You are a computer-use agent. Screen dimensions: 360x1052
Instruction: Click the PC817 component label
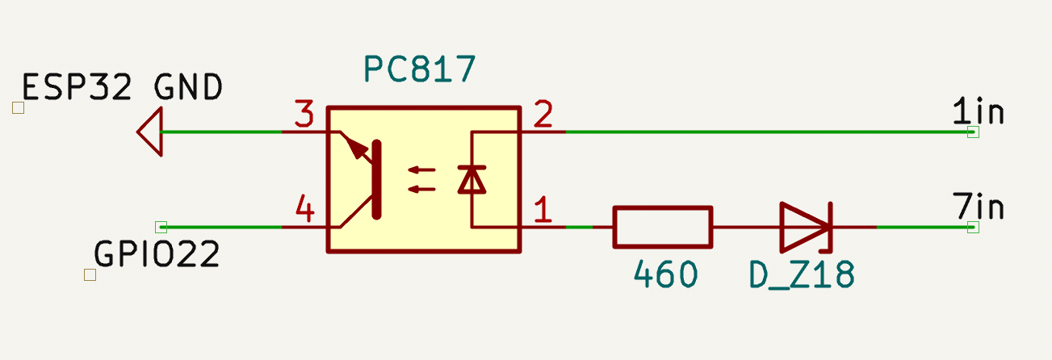pos(418,71)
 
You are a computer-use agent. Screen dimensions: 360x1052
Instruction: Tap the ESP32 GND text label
pos(122,87)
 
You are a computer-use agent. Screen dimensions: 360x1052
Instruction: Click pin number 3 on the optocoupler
pos(304,116)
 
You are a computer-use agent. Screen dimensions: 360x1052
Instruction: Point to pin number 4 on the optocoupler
pos(304,211)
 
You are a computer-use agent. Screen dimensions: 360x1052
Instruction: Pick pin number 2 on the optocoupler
pos(543,116)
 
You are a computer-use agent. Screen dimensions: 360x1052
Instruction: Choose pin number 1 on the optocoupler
pos(543,211)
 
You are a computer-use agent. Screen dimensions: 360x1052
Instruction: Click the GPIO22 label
pos(157,256)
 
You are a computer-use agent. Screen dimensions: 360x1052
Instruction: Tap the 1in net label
pos(978,112)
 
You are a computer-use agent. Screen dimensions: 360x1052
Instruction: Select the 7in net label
pos(978,208)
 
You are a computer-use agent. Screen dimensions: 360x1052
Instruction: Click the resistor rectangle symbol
pos(663,227)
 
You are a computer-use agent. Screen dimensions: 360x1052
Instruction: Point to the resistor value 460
pos(665,276)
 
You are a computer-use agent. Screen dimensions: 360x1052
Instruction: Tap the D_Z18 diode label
pos(801,276)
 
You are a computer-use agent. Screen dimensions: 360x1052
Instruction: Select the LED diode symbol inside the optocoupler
pos(472,179)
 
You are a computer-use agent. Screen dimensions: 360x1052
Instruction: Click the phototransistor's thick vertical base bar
pos(376,179)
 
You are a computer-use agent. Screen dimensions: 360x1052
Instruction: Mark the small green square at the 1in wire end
pos(973,132)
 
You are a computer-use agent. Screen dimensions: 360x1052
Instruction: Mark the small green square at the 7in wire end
pos(973,227)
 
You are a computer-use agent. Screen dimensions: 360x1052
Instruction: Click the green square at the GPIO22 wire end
pos(161,227)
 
